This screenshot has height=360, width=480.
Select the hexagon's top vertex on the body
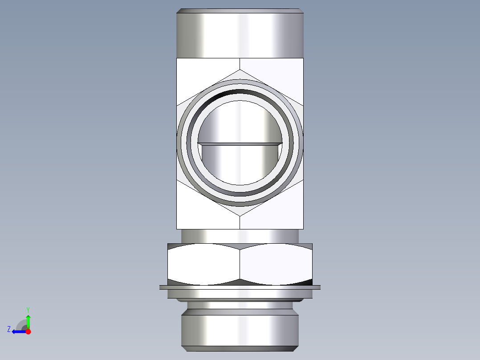(x=240, y=70)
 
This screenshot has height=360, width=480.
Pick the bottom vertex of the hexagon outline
(x=240, y=217)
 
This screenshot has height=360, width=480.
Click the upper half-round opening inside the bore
(x=240, y=123)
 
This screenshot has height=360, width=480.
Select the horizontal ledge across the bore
(x=240, y=144)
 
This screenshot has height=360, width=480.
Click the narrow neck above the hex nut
(x=240, y=236)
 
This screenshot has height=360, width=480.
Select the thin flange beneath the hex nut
(x=240, y=287)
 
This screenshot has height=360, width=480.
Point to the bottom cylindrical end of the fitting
(x=240, y=331)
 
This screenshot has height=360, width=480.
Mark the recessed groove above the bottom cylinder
(x=240, y=307)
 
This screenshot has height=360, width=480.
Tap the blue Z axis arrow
(x=18, y=331)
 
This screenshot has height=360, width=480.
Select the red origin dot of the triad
(x=28, y=331)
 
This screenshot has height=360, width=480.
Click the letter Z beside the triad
(x=9, y=329)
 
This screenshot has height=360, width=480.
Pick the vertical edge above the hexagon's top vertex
(x=240, y=64)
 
